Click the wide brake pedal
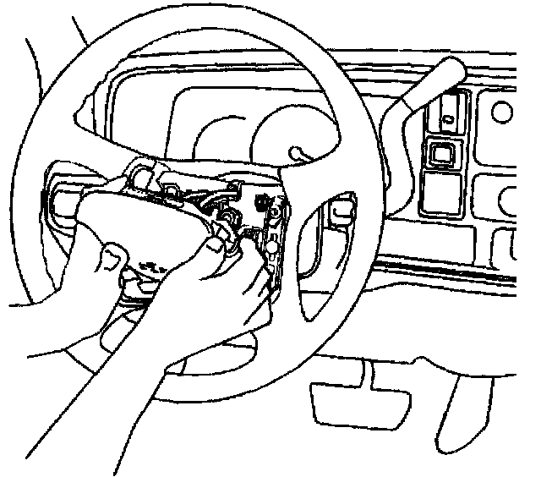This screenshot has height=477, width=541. (343, 402)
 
